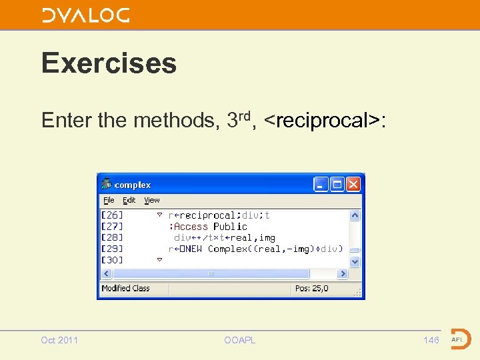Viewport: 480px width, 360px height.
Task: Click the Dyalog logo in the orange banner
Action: pos(85,15)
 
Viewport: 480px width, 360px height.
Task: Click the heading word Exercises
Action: pos(109,63)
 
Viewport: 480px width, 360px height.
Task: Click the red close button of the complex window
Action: pos(353,184)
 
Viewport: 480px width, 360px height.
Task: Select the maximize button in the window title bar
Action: pos(337,184)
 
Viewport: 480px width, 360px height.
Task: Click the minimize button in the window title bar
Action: pos(321,184)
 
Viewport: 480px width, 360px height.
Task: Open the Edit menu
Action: pos(129,200)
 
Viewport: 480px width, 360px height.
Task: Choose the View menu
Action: pos(152,200)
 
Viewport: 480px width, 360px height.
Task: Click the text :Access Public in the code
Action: pos(210,227)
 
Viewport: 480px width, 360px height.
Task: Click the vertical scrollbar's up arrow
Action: pos(355,215)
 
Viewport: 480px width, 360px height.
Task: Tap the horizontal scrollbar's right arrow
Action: pos(343,274)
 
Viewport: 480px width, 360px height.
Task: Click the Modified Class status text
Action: pos(125,289)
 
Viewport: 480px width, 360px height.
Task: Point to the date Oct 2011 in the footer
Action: pos(59,340)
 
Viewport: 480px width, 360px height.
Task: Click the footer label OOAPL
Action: pos(240,340)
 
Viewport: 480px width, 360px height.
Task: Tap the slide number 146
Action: pos(431,340)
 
